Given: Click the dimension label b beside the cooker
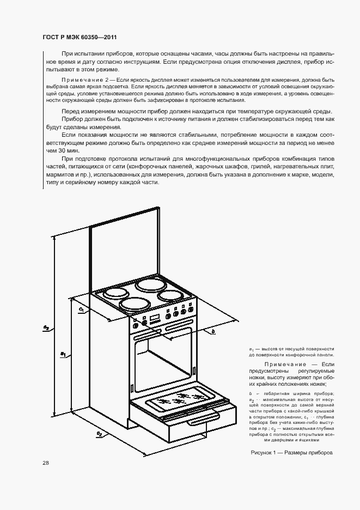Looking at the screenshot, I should pyautogui.click(x=213, y=331).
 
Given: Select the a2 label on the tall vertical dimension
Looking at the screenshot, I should pyautogui.click(x=47, y=327).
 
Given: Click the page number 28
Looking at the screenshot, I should pyautogui.click(x=46, y=463).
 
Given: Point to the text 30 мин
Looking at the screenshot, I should pyautogui.click(x=69, y=150).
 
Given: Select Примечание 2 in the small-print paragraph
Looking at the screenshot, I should pyautogui.click(x=84, y=80).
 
